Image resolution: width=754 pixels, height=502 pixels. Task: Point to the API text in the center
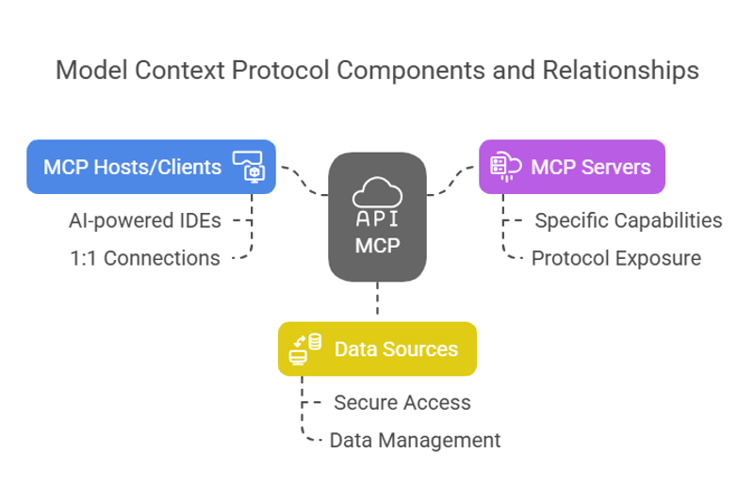(377, 219)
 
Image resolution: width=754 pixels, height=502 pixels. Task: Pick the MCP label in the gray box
(377, 246)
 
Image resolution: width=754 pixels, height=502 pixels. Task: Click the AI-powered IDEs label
(145, 221)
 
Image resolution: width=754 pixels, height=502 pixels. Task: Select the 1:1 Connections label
(144, 258)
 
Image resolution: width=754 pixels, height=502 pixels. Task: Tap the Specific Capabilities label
(629, 221)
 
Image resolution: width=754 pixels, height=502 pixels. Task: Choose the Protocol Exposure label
(615, 258)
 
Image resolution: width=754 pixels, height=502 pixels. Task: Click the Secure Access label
(402, 402)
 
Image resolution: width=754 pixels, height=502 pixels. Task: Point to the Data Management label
(415, 440)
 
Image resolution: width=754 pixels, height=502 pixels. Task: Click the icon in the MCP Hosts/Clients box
(252, 167)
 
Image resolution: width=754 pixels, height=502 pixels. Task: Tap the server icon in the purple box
(503, 168)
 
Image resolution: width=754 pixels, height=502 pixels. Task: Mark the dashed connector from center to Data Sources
(377, 300)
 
